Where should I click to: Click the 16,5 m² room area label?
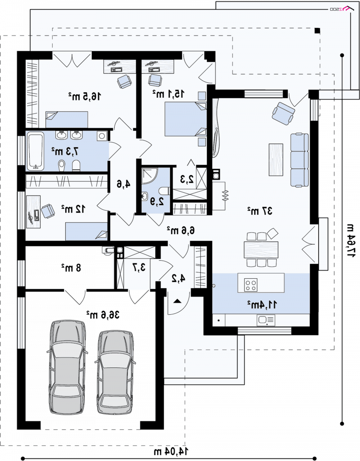(85, 96)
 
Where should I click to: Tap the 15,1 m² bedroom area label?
(168, 94)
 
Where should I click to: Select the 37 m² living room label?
(260, 211)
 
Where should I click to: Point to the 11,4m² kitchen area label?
(262, 304)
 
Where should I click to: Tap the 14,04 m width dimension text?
(171, 451)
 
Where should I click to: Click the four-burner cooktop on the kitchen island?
(251, 285)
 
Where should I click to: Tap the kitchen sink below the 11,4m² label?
(266, 320)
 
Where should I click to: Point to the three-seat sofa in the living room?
(299, 160)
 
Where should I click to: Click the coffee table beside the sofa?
(276, 160)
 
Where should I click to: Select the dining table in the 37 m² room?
(261, 250)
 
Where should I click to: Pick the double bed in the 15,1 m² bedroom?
(185, 119)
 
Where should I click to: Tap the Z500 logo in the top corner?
(342, 9)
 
